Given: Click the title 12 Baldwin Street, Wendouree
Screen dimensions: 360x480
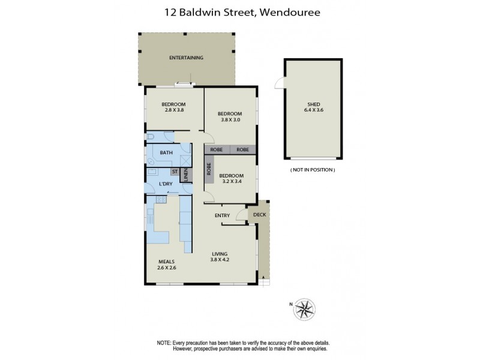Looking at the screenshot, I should [240, 11].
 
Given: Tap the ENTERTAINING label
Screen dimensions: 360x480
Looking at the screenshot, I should [186, 58].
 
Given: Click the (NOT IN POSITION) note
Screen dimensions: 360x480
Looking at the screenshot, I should [312, 170].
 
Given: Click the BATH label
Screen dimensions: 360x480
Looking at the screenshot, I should [166, 152].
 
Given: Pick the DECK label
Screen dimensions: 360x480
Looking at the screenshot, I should [259, 214].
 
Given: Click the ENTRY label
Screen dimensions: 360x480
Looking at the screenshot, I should [223, 215].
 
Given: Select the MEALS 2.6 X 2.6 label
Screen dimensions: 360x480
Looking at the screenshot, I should [167, 265].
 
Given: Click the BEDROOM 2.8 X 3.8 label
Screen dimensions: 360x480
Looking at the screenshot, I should [174, 106].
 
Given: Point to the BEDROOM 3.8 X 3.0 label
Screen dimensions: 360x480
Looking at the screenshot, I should [230, 116].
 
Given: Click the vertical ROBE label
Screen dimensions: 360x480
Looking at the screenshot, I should [209, 169].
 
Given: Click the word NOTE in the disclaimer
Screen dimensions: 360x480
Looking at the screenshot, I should [164, 342].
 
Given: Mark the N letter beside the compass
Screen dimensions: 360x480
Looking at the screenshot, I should [292, 304].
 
